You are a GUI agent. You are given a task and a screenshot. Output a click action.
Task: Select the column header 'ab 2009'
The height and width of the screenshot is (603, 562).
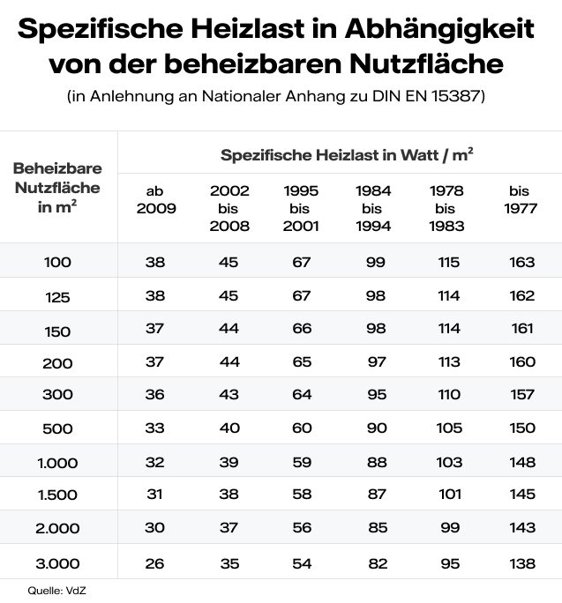pos(154,199)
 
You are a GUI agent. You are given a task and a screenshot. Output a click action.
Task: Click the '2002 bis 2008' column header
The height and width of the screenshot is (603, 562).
pos(229,208)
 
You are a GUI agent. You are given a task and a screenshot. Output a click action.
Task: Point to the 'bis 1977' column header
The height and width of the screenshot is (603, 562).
pos(522,199)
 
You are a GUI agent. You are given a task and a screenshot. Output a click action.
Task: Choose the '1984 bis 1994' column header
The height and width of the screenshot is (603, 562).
pos(374,208)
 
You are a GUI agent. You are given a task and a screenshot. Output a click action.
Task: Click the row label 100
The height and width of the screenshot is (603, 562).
pos(57,263)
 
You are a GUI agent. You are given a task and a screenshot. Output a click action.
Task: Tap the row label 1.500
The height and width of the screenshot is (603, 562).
pos(57,495)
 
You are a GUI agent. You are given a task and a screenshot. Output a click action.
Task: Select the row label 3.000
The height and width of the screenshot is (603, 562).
pos(57,562)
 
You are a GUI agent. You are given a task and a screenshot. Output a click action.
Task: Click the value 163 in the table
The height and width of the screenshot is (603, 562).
pos(522,263)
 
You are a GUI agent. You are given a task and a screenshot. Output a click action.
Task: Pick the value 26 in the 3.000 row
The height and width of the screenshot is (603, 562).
pos(154,562)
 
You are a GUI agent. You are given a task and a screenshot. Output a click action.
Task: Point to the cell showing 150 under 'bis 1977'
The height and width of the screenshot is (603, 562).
pos(522,428)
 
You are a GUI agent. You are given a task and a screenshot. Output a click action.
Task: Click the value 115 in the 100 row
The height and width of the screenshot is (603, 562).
pos(448,263)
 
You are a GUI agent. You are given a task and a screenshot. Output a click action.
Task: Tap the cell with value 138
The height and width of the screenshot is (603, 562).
pos(522,562)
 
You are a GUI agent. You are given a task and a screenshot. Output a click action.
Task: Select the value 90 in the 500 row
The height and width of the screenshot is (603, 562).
pos(375,428)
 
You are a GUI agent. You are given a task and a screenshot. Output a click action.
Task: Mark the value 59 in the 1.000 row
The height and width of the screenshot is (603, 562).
pos(302,462)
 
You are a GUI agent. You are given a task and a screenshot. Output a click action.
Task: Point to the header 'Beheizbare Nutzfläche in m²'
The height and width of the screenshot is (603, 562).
pos(57,186)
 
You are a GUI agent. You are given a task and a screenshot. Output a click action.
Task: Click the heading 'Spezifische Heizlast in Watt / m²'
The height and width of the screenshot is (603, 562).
pos(346,155)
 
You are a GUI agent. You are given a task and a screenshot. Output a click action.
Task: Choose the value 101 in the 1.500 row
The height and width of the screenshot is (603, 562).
pos(448,495)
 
